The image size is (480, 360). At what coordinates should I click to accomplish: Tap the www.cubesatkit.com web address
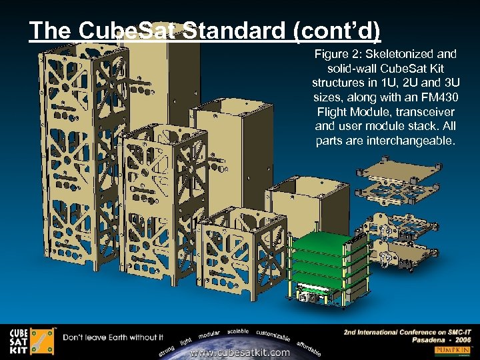[x=240, y=352]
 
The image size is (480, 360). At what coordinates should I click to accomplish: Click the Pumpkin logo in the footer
[x=453, y=350]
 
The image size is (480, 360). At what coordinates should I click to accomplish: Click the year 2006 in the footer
[x=459, y=340]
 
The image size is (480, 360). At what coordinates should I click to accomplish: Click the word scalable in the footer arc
[x=237, y=331]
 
